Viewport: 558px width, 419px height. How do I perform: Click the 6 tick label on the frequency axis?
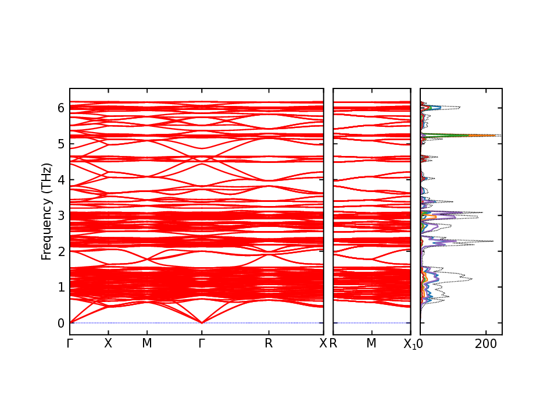pyautogui.click(x=60, y=108)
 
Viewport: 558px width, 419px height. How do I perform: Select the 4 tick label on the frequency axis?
pyautogui.click(x=60, y=179)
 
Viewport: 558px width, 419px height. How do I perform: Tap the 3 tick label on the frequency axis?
pyautogui.click(x=60, y=215)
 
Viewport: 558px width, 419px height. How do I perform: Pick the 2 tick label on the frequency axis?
pyautogui.click(x=60, y=251)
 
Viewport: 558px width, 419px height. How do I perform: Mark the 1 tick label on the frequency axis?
pyautogui.click(x=60, y=287)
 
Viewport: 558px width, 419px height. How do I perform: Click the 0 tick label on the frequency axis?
pyautogui.click(x=60, y=323)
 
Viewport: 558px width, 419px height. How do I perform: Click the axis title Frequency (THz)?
pyautogui.click(x=46, y=211)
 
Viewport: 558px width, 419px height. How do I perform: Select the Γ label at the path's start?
pyautogui.click(x=70, y=343)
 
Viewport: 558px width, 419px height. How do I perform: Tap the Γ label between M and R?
pyautogui.click(x=202, y=343)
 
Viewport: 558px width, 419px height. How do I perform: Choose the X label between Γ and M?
pyautogui.click(x=108, y=343)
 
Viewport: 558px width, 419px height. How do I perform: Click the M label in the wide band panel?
pyautogui.click(x=147, y=343)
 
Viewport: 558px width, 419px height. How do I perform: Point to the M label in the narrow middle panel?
pyautogui.click(x=371, y=343)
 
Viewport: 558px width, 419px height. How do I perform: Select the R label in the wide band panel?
pyautogui.click(x=269, y=343)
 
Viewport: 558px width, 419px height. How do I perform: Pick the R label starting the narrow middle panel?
pyautogui.click(x=334, y=343)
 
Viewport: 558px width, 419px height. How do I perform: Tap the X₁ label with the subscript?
pyautogui.click(x=409, y=344)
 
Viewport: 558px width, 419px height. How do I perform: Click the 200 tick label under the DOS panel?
pyautogui.click(x=485, y=343)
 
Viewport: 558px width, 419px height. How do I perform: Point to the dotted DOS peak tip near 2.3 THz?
pyautogui.click(x=493, y=241)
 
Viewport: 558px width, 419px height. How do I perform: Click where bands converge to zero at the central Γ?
pyautogui.click(x=202, y=322)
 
